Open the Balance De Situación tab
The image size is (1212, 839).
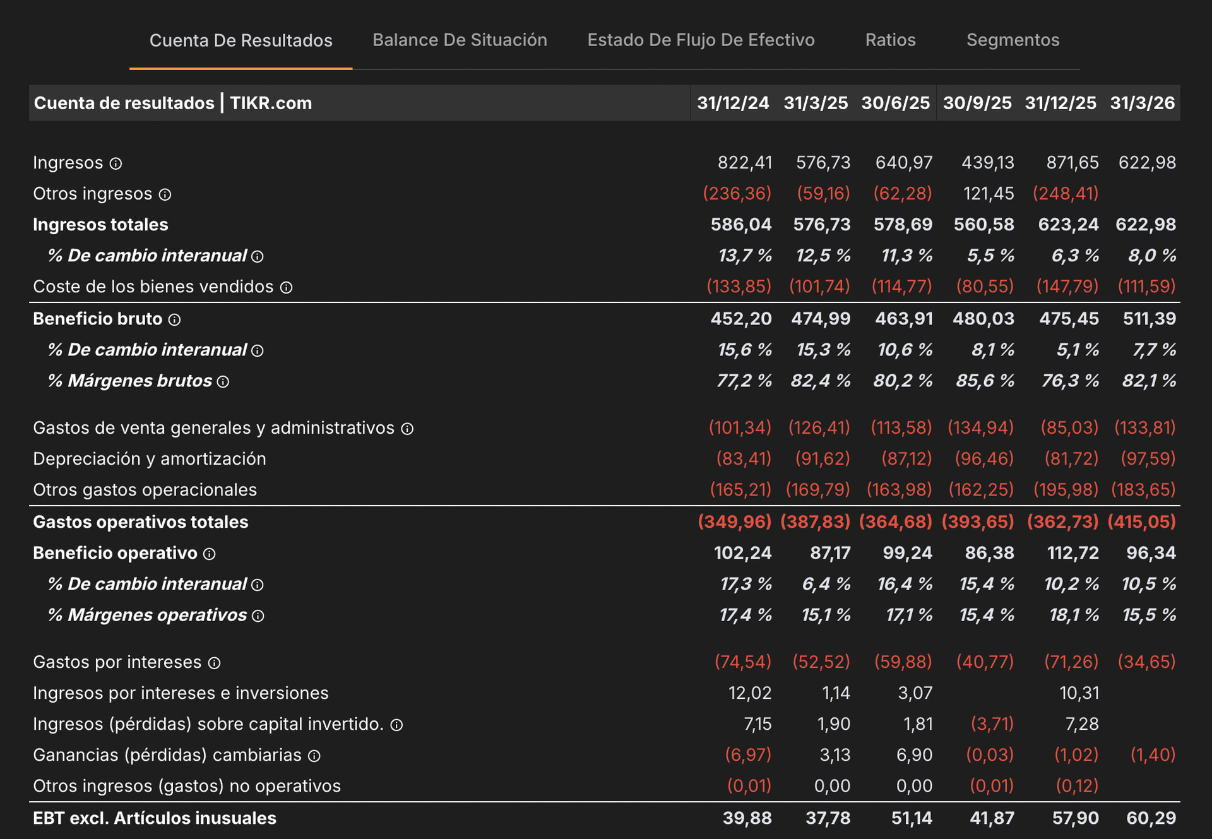click(x=460, y=40)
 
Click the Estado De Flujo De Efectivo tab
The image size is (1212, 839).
click(x=701, y=40)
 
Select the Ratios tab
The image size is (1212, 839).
click(x=890, y=40)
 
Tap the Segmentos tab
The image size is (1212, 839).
click(x=1013, y=40)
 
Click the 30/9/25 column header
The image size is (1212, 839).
click(x=977, y=103)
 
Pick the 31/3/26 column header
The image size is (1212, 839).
click(x=1143, y=103)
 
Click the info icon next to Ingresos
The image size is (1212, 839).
click(x=116, y=164)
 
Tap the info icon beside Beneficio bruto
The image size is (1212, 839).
click(x=174, y=320)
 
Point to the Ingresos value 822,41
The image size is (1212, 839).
click(x=745, y=163)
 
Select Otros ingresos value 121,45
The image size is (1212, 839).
click(x=989, y=194)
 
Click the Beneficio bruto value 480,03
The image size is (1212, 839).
click(x=983, y=319)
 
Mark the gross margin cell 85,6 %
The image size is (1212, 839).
click(x=985, y=381)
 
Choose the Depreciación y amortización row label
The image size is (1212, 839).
click(x=150, y=459)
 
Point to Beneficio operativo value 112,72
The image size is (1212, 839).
click(x=1073, y=553)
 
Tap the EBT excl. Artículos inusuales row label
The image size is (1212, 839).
click(x=155, y=818)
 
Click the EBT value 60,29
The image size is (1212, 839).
click(x=1151, y=818)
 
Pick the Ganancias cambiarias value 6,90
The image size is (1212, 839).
click(x=915, y=755)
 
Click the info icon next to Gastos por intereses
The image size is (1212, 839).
click(x=215, y=663)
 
